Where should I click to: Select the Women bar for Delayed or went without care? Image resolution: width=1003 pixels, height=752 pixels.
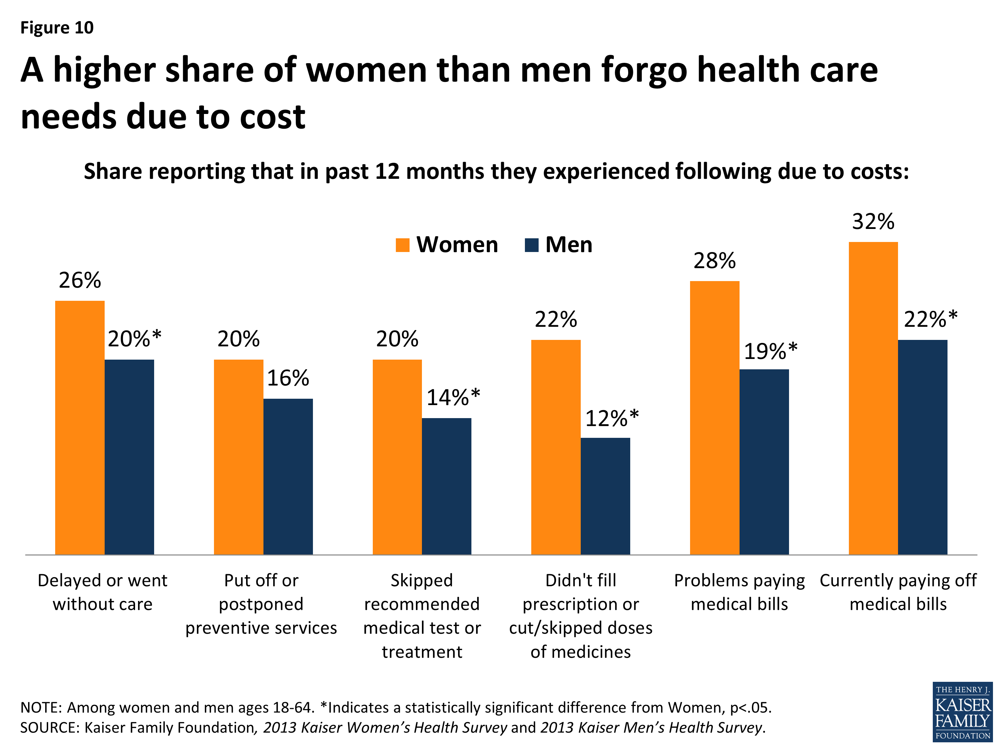tap(80, 427)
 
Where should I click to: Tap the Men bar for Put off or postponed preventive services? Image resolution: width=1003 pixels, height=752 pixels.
tap(288, 476)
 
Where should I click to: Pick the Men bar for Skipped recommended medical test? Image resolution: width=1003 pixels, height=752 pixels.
tap(446, 486)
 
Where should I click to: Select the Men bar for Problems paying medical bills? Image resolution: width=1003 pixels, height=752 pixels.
tap(764, 462)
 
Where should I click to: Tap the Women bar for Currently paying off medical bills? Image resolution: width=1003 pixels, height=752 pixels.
tap(873, 398)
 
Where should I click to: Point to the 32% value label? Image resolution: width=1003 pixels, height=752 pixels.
tap(873, 222)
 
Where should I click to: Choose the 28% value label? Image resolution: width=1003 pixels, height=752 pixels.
tap(714, 261)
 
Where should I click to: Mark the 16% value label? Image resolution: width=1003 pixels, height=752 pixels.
tap(288, 378)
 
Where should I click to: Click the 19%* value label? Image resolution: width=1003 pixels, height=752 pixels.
tap(770, 351)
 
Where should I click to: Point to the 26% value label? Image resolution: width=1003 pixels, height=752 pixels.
tap(80, 280)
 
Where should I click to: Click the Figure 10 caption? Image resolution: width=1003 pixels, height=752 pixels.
tap(57, 28)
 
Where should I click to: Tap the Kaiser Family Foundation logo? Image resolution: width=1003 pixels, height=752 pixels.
tap(963, 712)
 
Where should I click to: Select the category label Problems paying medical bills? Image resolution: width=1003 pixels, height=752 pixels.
tap(739, 592)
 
